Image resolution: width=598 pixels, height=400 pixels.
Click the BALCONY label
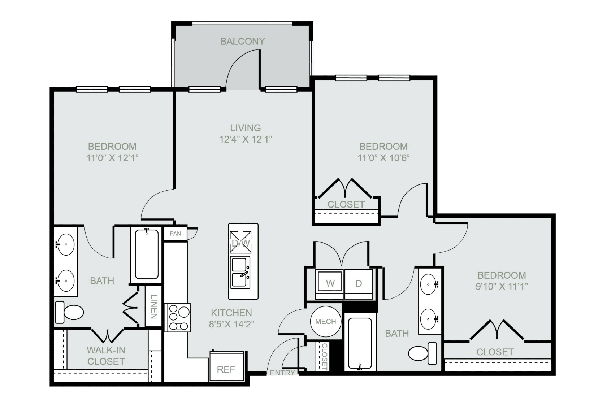(242, 42)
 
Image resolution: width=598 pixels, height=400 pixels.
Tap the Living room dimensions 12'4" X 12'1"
(245, 139)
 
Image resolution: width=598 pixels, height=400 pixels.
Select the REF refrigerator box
(227, 366)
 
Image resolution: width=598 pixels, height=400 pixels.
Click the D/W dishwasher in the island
(240, 242)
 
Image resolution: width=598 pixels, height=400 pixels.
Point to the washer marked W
(329, 284)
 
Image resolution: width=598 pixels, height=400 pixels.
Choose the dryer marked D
(359, 284)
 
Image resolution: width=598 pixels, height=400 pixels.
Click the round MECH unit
(326, 321)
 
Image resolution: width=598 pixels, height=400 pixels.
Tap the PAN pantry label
(175, 234)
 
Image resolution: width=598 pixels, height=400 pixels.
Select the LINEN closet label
(154, 306)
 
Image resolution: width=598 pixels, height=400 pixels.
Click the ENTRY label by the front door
(282, 373)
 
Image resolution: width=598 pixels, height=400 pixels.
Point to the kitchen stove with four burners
(177, 318)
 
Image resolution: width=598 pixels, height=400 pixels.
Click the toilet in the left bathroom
(69, 312)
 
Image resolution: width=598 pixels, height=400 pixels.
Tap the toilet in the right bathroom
(422, 353)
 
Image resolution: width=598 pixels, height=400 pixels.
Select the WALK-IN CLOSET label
(106, 356)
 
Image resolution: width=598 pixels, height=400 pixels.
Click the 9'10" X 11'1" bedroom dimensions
(502, 287)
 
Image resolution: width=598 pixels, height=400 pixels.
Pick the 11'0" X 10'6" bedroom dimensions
(383, 158)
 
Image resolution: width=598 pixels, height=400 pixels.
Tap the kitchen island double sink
(240, 273)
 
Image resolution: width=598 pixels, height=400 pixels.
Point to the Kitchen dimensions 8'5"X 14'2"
(231, 324)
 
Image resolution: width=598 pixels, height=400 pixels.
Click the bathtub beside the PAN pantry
(147, 255)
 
